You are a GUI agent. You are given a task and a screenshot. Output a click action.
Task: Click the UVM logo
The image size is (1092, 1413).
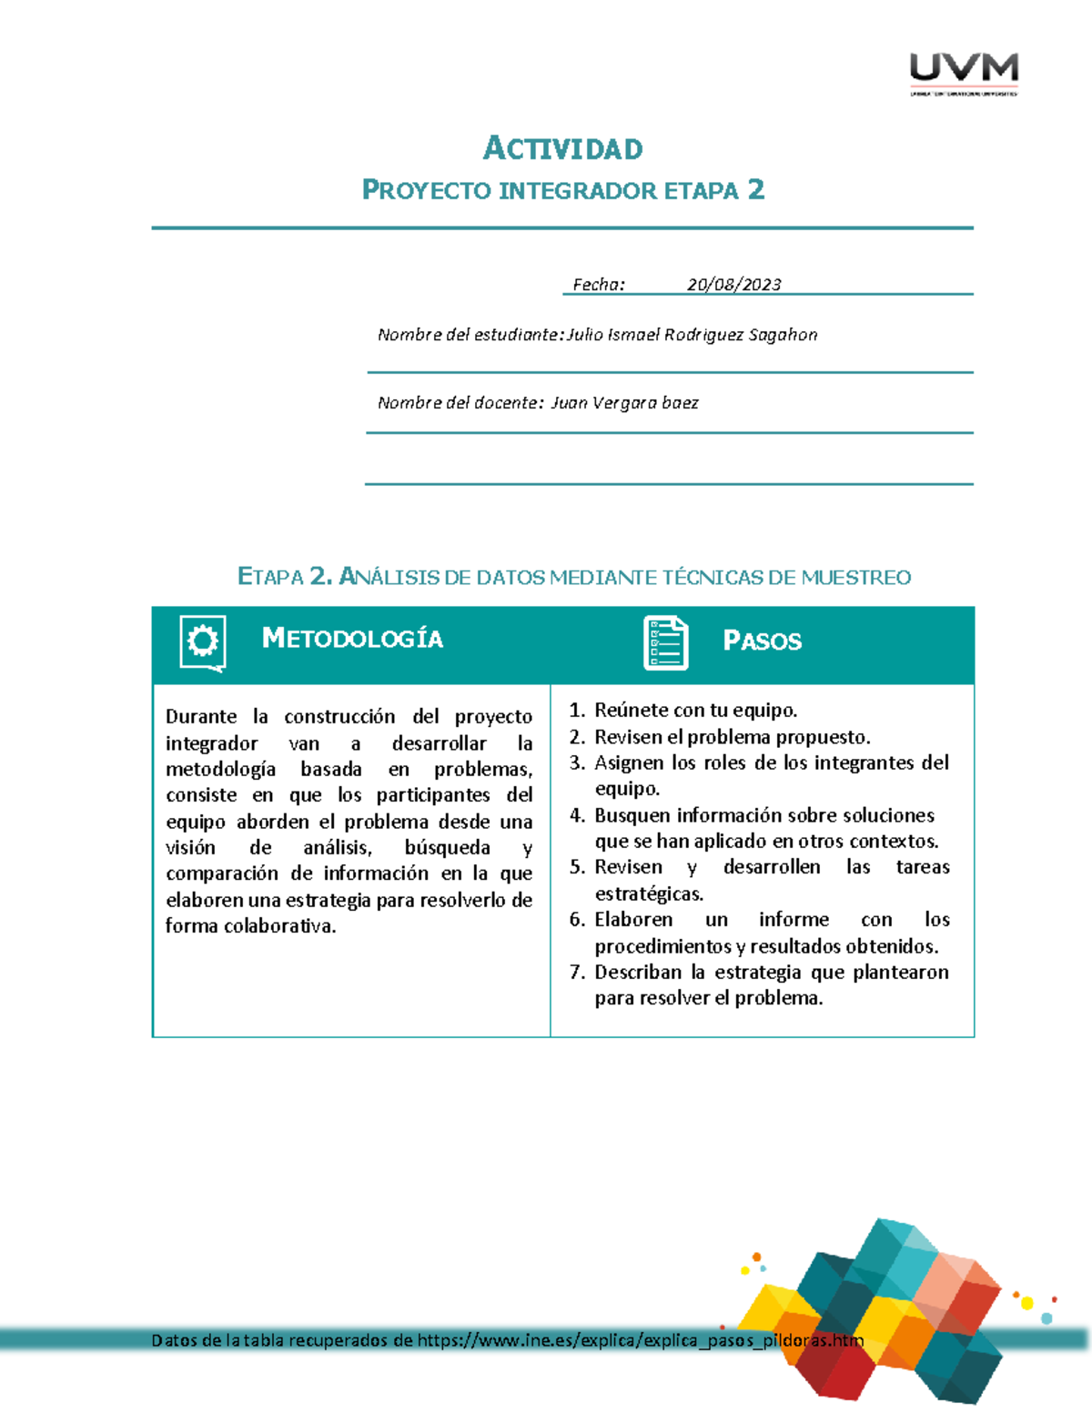pos(964,72)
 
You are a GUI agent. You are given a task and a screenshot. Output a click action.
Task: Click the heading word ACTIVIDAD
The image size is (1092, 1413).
pos(562,148)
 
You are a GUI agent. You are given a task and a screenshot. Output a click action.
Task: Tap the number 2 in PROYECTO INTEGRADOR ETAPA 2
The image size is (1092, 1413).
pos(755,189)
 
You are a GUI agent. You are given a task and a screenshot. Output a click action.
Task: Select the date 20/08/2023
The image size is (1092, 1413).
pos(733,285)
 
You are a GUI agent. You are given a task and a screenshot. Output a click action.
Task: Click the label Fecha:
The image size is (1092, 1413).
pos(598,285)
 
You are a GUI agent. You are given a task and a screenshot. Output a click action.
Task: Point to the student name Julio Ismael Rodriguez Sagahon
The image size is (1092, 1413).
pos(692,335)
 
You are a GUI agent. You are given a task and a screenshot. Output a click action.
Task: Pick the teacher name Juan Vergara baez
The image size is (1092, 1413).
pos(624,403)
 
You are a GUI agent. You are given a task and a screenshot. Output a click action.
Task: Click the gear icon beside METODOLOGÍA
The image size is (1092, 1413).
pos(202,642)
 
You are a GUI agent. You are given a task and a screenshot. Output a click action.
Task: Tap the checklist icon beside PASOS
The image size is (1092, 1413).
pos(665,643)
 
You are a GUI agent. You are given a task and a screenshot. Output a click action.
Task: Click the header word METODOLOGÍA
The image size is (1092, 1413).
pos(352,639)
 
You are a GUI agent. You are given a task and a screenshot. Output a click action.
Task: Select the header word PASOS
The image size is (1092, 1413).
pos(762,641)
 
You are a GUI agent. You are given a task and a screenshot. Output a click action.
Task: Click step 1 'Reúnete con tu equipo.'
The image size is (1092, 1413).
pos(695,711)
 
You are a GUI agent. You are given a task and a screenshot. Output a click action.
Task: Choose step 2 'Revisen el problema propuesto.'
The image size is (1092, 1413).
pos(732,737)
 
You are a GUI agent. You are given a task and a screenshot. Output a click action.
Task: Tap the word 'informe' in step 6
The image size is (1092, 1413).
pos(794,920)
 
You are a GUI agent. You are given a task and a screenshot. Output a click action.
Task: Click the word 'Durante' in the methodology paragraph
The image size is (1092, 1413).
pos(201,717)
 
